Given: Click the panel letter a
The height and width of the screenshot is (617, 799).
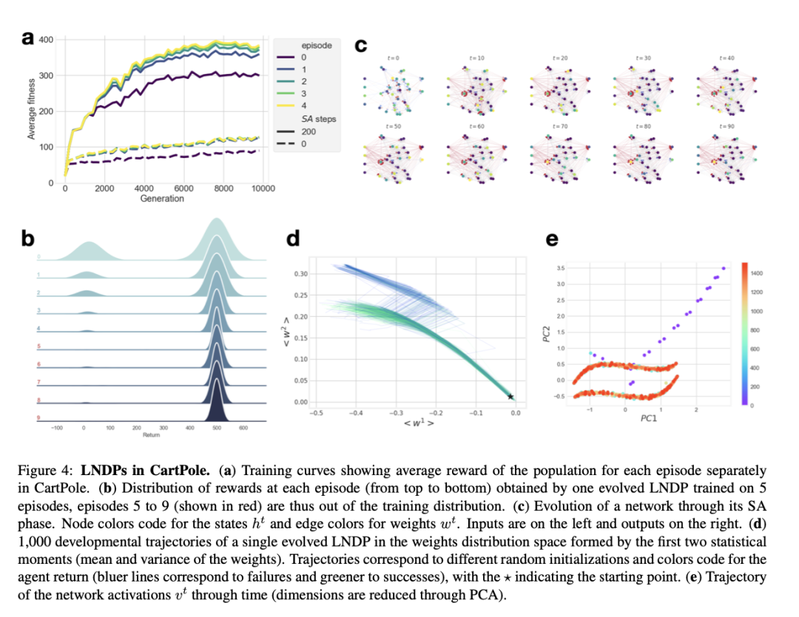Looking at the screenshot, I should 27,39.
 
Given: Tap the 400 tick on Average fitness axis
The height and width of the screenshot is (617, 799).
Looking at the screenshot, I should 47,39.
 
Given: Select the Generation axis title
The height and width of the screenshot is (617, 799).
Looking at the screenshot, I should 162,199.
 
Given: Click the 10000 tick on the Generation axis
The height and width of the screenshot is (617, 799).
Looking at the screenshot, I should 263,188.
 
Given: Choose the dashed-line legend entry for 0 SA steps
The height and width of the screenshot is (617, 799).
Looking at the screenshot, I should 294,143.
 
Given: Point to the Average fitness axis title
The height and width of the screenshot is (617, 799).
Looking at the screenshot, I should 32,111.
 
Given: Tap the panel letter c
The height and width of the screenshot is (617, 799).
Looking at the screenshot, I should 361,46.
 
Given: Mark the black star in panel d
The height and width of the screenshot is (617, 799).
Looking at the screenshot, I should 510,397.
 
